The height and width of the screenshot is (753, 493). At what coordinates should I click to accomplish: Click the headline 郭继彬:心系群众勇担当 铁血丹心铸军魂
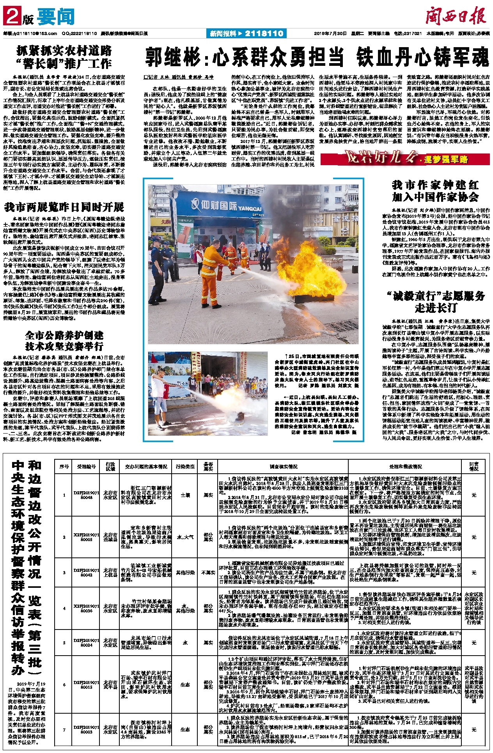click(x=317, y=57)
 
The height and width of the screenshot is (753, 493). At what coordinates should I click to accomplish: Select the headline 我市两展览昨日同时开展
click(x=64, y=207)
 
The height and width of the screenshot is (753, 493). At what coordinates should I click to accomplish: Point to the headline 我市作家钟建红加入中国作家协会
click(x=435, y=191)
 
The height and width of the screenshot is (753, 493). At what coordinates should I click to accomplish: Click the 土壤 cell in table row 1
click(x=185, y=495)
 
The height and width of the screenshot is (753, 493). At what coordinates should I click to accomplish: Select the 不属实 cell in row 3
click(x=208, y=572)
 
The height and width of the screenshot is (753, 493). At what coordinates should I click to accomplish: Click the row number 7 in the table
click(x=64, y=730)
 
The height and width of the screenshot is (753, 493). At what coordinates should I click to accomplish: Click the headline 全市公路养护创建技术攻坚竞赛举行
click(x=64, y=340)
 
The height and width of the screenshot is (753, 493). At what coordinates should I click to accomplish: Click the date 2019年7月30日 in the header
click(x=330, y=34)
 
